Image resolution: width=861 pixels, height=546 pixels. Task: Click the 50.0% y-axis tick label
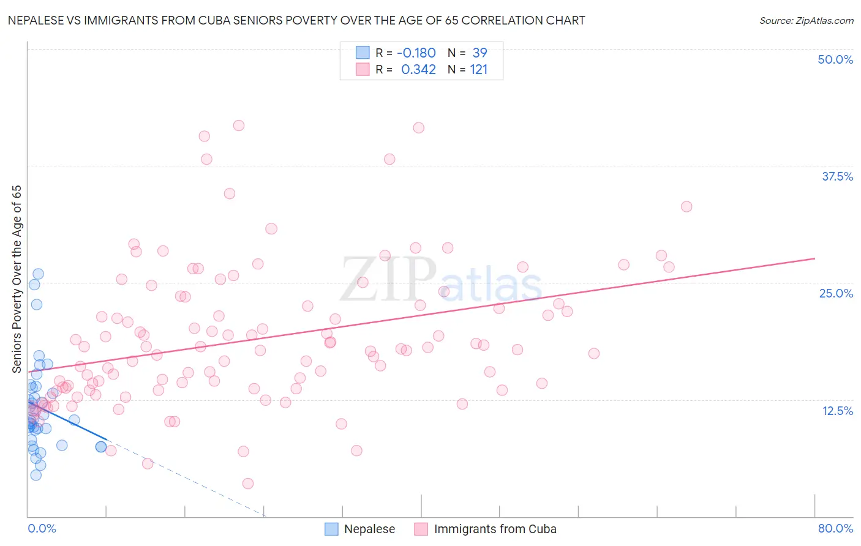coord(835,59)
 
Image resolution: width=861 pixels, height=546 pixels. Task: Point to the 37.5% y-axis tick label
coord(837,176)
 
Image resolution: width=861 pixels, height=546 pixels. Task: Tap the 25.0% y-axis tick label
coord(836,293)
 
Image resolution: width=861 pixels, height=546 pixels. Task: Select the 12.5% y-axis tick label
coord(837,411)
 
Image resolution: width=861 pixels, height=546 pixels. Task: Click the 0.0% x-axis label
coord(42,528)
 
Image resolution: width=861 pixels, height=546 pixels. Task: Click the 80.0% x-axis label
coord(835,528)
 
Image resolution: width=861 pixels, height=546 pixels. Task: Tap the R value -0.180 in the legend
coord(416,53)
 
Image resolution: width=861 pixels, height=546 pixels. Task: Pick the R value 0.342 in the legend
coord(418,70)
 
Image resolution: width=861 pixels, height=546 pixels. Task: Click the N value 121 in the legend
coord(478,70)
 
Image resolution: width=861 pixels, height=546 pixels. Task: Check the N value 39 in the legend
coord(479,53)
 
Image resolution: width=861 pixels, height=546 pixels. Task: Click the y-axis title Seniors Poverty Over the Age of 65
coord(17,279)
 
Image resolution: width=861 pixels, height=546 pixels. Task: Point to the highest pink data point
coord(239,125)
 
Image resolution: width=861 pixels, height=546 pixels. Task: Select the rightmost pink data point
coord(686,207)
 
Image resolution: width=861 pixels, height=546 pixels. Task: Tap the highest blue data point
coord(38,274)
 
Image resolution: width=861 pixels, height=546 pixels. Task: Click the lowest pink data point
coord(248,484)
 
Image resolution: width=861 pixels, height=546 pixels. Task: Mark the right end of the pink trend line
coord(814,258)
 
